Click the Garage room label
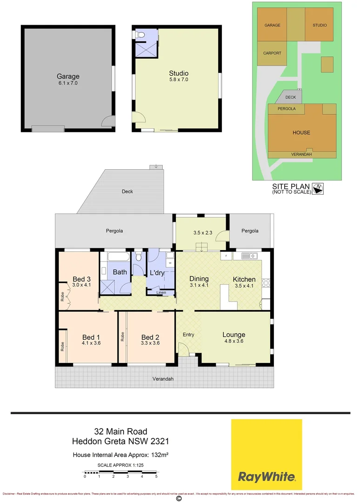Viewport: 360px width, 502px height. [x=68, y=76]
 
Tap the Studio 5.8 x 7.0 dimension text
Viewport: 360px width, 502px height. [x=179, y=79]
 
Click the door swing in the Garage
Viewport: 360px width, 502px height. [x=108, y=121]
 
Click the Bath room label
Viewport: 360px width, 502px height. [x=120, y=272]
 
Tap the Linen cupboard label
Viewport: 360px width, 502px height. [x=161, y=292]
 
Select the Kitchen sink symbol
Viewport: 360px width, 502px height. [x=249, y=255]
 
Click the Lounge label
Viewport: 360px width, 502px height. [x=233, y=335]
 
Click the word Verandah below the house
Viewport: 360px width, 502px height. [x=163, y=379]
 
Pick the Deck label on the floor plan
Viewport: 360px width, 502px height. [x=127, y=192]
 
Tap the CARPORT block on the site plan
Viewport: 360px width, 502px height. [x=272, y=53]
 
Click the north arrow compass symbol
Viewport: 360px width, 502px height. [x=319, y=188]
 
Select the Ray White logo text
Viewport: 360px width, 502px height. [x=267, y=476]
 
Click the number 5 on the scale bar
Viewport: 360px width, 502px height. [x=156, y=476]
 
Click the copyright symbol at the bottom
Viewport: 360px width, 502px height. [x=179, y=498]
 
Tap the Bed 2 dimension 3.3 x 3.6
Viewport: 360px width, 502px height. [x=150, y=343]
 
